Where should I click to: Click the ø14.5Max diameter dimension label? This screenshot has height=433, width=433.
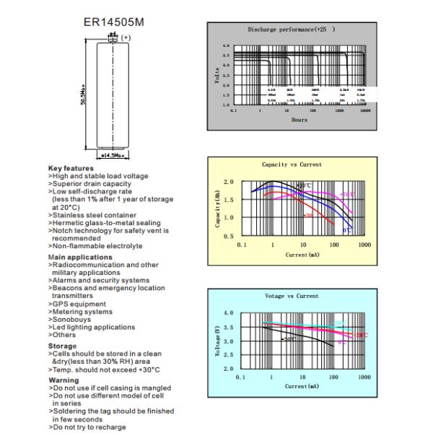[x=113, y=155]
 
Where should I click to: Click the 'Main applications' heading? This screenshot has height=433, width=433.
[x=80, y=257]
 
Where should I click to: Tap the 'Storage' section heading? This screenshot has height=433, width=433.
[x=63, y=346]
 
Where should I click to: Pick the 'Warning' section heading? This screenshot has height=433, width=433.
[x=64, y=380]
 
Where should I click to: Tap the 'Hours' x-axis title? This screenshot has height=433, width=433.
[x=299, y=120]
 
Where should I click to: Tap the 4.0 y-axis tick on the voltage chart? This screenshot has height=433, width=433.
[x=228, y=313]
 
